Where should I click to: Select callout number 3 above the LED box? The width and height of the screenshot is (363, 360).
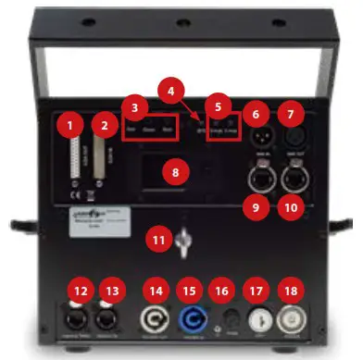[x=137, y=108]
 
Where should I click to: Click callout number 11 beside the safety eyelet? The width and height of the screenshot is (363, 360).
[x=160, y=242]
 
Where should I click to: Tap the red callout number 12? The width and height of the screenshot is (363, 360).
[x=81, y=292]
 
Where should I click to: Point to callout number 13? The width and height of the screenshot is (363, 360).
[x=116, y=292]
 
